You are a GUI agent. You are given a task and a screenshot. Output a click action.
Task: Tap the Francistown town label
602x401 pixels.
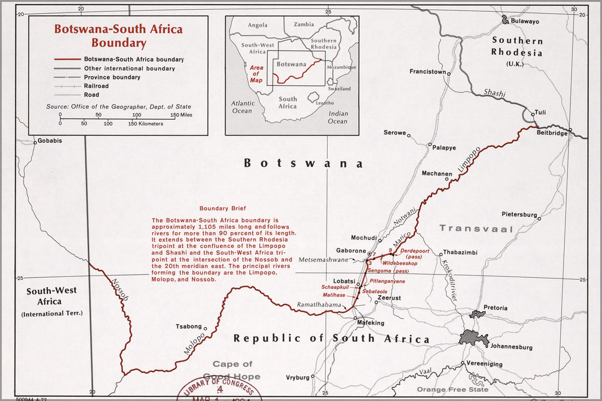pyautogui.click(x=428, y=72)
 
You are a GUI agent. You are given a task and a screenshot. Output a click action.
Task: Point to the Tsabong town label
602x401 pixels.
pyautogui.click(x=188, y=327)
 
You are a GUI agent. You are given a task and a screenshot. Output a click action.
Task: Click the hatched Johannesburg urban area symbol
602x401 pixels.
pyautogui.click(x=473, y=338)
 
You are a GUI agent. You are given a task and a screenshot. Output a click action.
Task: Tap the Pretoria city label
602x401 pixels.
pyautogui.click(x=495, y=308)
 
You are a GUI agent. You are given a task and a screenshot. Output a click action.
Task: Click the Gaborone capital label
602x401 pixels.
pyautogui.click(x=350, y=251)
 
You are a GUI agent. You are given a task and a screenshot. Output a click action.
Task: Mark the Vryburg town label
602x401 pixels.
pyautogui.click(x=298, y=378)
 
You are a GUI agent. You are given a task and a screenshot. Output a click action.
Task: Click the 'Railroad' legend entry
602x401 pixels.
pyautogui.click(x=96, y=86)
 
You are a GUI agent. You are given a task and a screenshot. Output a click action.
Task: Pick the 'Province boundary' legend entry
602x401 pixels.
pyautogui.click(x=112, y=77)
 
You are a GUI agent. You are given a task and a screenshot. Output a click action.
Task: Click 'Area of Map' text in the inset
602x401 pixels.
pyautogui.click(x=256, y=74)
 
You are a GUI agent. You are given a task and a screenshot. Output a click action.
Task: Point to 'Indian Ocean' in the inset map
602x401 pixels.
pyautogui.click(x=338, y=117)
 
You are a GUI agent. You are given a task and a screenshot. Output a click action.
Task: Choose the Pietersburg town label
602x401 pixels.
pyautogui.click(x=519, y=214)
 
